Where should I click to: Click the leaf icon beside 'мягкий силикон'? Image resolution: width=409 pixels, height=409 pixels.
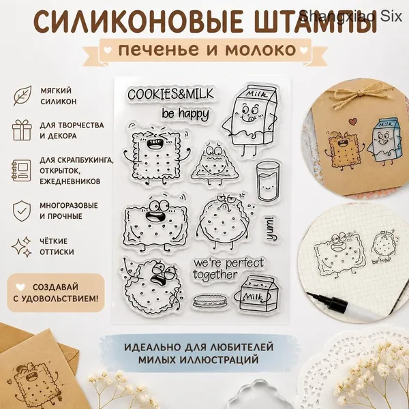[x=22, y=95]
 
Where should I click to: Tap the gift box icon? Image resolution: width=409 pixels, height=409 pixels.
[x=22, y=130]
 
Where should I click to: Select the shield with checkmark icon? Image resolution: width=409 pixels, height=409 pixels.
[x=22, y=211]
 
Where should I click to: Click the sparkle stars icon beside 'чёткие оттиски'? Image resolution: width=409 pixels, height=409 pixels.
[x=21, y=246]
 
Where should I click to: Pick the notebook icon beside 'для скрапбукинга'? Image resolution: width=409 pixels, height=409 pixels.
[x=21, y=170]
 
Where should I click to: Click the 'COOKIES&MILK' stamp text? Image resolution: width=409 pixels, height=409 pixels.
[x=170, y=94]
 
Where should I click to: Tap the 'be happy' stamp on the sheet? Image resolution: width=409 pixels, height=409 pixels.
[x=185, y=114]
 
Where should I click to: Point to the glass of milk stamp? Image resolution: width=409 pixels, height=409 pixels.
[x=268, y=181]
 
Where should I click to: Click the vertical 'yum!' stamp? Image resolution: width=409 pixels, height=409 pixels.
[x=271, y=229]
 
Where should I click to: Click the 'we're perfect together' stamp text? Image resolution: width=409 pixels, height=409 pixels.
[x=228, y=269]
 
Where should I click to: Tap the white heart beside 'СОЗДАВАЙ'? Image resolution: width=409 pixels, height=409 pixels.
[x=20, y=287]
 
